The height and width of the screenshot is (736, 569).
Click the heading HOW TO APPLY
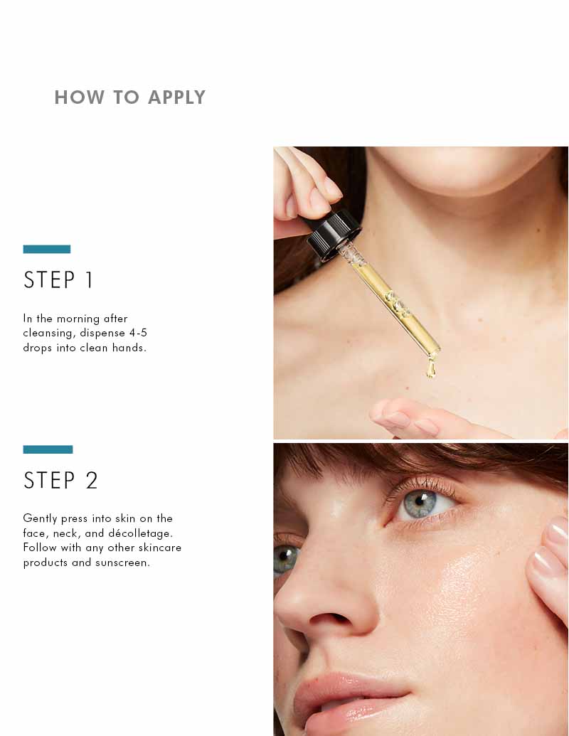(129, 97)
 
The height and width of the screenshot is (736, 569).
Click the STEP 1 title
(58, 280)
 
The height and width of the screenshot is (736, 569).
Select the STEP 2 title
(60, 481)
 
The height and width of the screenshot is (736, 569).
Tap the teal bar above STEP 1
(46, 249)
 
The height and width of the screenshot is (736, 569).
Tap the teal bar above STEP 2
(48, 449)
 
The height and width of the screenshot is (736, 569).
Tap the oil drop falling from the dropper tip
(430, 369)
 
